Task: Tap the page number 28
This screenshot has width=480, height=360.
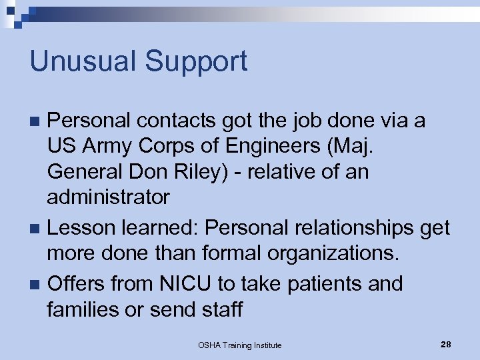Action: coord(446,344)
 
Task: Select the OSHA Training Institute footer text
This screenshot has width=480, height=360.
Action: coord(239,345)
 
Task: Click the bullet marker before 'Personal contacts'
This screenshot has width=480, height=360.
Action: coord(37,121)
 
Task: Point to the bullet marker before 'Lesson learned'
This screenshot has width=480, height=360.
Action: coord(37,229)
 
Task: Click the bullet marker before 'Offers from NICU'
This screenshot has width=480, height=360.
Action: coord(37,284)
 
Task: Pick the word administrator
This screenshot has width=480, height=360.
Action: coord(108,197)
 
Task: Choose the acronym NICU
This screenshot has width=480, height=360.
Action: coord(185,283)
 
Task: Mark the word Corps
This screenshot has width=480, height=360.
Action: coord(173,146)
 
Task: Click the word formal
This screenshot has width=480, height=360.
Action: coord(224,253)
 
